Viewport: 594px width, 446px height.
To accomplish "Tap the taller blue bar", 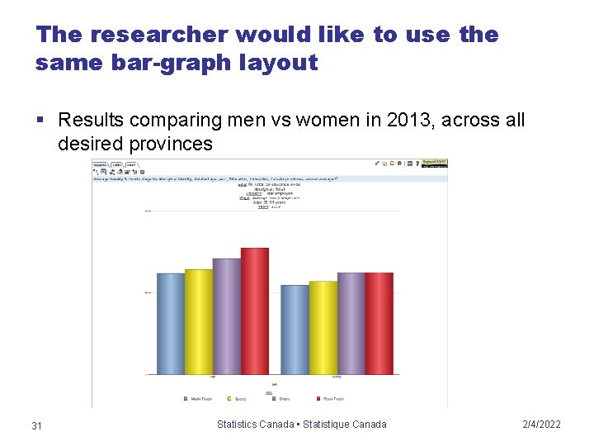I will [171, 323].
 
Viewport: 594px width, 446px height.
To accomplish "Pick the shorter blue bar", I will [295, 329].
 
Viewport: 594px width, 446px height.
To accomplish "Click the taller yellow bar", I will [199, 321].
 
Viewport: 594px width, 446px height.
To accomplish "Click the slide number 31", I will [36, 425].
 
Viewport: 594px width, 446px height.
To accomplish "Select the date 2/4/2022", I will [541, 425].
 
